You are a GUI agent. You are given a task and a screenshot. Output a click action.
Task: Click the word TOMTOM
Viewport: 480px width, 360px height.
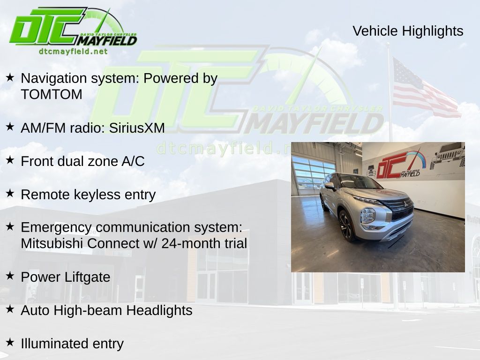pyautogui.click(x=52, y=94)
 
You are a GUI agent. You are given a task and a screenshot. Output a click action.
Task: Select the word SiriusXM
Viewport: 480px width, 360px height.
pyautogui.click(x=137, y=128)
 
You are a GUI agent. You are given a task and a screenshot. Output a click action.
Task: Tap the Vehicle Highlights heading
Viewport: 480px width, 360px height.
pyautogui.click(x=408, y=31)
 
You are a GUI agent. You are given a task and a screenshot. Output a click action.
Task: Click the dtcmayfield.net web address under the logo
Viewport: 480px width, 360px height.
pyautogui.click(x=73, y=52)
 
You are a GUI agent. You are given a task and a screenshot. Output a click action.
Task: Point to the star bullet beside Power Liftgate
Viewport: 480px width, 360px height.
pyautogui.click(x=10, y=276)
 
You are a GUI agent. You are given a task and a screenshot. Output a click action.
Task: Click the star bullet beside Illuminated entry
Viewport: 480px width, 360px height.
pyautogui.click(x=10, y=342)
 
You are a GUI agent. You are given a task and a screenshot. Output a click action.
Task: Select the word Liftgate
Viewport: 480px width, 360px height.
pyautogui.click(x=88, y=277)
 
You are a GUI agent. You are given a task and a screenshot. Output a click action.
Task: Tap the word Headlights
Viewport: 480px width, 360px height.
pyautogui.click(x=159, y=310)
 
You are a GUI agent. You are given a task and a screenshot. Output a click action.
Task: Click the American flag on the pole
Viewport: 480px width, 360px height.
pyautogui.click(x=426, y=88)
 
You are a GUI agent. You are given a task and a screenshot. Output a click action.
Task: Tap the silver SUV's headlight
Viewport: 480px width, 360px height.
pyautogui.click(x=367, y=216)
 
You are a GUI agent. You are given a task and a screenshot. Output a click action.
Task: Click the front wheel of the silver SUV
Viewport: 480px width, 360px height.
pyautogui.click(x=346, y=225)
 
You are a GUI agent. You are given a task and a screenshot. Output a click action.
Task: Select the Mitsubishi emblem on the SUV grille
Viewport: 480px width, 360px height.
pyautogui.click(x=405, y=204)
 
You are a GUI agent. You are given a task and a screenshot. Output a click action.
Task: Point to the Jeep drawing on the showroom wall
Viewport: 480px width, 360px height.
pyautogui.click(x=447, y=156)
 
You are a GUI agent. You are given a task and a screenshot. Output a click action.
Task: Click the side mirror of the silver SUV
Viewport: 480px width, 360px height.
pyautogui.click(x=330, y=186)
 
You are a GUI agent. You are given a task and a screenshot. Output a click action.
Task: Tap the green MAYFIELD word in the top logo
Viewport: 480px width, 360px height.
pyautogui.click(x=107, y=40)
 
